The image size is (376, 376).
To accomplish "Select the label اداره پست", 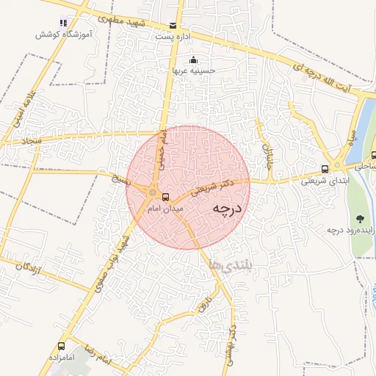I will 173,35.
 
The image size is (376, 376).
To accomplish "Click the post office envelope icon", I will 173,25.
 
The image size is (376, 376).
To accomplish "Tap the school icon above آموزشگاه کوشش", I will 62,23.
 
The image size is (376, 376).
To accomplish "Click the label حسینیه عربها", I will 193,70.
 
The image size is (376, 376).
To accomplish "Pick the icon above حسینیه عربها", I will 193,60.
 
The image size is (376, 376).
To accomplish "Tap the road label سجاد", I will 34,139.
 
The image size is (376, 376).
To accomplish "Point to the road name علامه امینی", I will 21,110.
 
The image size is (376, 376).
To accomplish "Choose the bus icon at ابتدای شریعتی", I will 325,168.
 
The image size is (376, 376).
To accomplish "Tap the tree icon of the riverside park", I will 361,218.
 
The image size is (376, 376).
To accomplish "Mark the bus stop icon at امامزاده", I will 62,344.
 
